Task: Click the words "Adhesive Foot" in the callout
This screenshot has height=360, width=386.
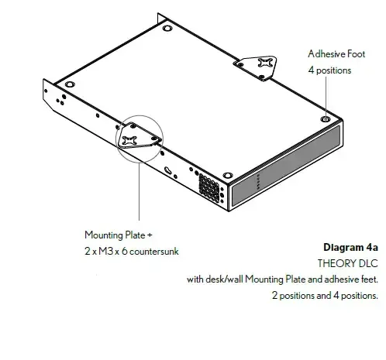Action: [x=336, y=54]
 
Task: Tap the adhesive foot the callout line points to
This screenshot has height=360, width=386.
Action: [x=326, y=119]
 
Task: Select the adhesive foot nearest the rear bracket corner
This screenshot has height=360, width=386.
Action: [x=167, y=28]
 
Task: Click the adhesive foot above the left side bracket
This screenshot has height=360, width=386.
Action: [x=70, y=84]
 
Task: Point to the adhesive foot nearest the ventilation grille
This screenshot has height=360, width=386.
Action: [x=228, y=176]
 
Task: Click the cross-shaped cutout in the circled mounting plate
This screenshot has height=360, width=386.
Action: [x=129, y=140]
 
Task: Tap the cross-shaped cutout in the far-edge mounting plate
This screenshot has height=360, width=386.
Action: [x=265, y=63]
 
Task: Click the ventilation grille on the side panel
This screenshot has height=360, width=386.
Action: [x=209, y=187]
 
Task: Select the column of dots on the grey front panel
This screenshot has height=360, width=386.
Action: [x=258, y=182]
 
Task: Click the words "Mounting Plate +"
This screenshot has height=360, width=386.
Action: [x=119, y=235]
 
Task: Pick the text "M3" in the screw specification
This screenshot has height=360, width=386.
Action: [x=106, y=251]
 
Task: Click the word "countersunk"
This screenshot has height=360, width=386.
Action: [x=154, y=252]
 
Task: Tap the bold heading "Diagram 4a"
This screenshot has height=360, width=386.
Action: [x=350, y=247]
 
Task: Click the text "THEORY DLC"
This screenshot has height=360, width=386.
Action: [x=348, y=263]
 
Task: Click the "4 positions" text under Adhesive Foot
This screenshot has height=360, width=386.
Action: [x=329, y=70]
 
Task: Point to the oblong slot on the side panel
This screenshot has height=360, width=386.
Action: [x=168, y=170]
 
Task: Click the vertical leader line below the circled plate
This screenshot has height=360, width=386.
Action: [x=139, y=191]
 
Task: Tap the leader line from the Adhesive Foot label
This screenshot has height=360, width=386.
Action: [x=326, y=97]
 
